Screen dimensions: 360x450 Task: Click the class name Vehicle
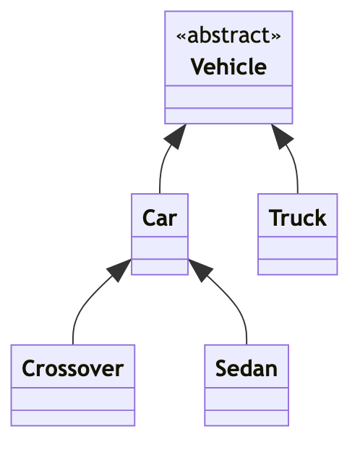(228, 67)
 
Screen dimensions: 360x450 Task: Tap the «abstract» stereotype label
(228, 35)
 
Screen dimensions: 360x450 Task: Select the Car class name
(160, 218)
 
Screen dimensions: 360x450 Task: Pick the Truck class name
(297, 218)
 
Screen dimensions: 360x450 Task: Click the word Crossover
(73, 369)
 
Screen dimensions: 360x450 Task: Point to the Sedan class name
(247, 369)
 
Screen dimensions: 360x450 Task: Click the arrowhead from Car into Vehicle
(176, 136)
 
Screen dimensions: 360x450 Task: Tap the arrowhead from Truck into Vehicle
(281, 136)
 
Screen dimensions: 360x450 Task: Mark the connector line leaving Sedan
(233, 304)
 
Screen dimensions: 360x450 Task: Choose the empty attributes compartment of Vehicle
(228, 97)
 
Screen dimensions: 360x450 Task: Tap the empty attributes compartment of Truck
(297, 248)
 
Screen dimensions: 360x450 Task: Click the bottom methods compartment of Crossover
(73, 418)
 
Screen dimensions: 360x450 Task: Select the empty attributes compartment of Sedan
(247, 399)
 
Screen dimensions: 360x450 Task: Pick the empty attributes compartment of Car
(160, 248)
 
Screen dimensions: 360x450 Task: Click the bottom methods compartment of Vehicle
(228, 116)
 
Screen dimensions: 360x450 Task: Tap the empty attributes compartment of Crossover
(73, 399)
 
